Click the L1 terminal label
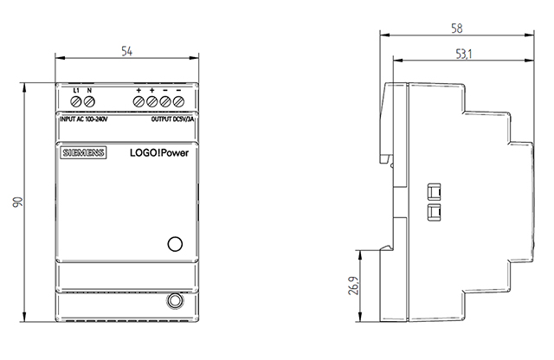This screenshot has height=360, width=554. (x=76, y=90)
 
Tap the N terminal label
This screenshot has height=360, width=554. (x=90, y=90)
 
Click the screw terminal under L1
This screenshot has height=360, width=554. (x=76, y=103)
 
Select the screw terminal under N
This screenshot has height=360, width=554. (x=90, y=103)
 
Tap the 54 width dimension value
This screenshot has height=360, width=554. (x=126, y=52)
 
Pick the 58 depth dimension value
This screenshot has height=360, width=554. (x=456, y=29)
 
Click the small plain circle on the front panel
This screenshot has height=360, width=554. (x=173, y=243)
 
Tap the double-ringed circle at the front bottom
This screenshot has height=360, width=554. (x=173, y=302)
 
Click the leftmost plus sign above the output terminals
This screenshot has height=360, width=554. (x=138, y=90)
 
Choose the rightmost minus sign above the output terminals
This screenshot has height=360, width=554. (x=178, y=90)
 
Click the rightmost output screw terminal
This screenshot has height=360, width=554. (x=178, y=103)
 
